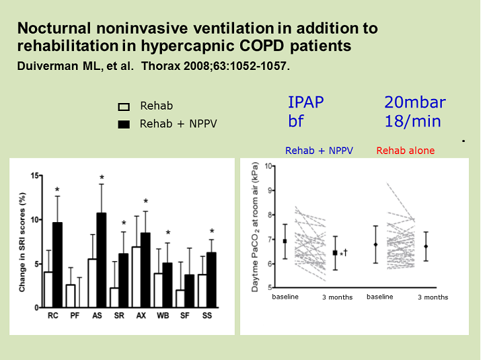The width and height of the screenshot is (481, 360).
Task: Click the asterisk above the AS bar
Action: pyautogui.click(x=102, y=178)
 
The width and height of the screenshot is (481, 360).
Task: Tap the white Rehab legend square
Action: pyautogui.click(x=124, y=106)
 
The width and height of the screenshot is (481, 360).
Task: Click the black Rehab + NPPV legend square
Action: pyautogui.click(x=124, y=124)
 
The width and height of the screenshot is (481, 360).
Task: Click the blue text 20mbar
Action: pyautogui.click(x=414, y=103)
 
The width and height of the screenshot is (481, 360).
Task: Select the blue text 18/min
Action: pyautogui.click(x=412, y=121)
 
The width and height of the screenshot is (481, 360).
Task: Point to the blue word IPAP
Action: pyautogui.click(x=305, y=103)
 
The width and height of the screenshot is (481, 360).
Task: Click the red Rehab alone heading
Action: pyautogui.click(x=405, y=151)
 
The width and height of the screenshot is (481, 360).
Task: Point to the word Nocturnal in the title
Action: pyautogui.click(x=52, y=29)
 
